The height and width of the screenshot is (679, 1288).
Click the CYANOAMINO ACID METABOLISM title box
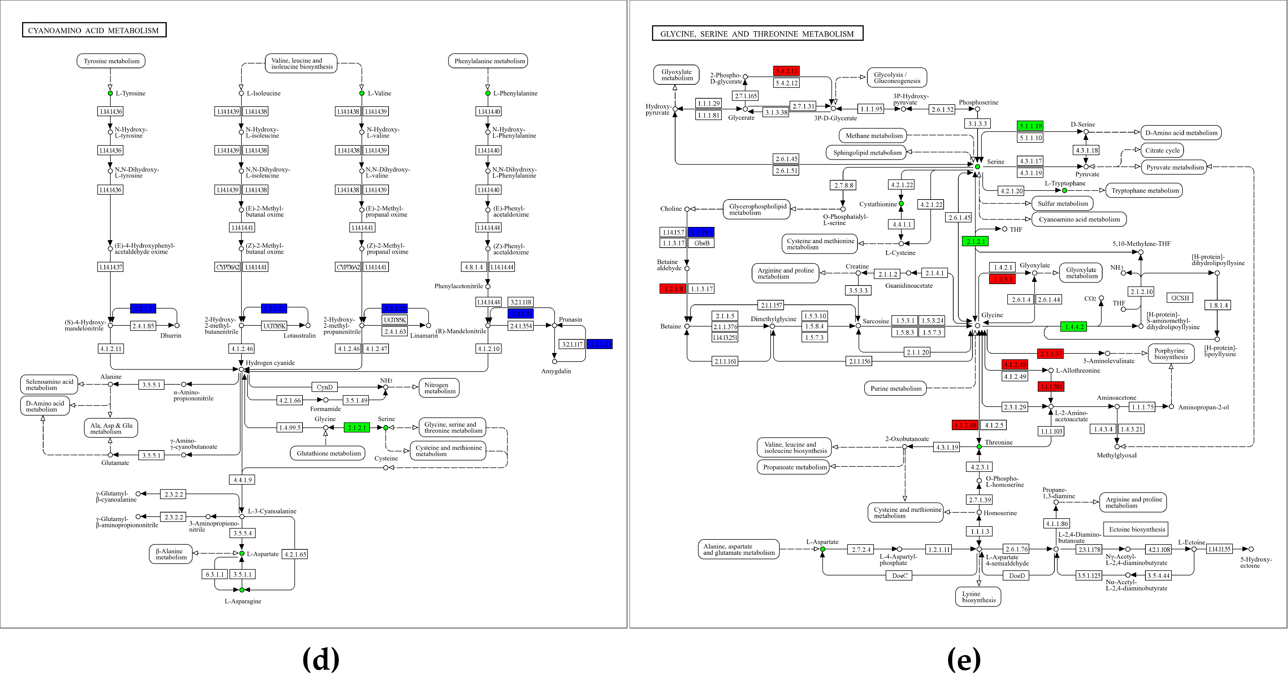(94, 30)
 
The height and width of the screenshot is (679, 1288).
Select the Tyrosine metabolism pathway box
(111, 61)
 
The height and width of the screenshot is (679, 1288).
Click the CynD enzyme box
(325, 387)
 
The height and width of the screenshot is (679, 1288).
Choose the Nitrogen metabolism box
(439, 388)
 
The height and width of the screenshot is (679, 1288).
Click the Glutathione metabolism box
(328, 453)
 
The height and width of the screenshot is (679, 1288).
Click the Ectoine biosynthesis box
(1137, 529)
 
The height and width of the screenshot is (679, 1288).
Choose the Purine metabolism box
(896, 388)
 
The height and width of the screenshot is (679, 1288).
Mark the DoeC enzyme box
(900, 576)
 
